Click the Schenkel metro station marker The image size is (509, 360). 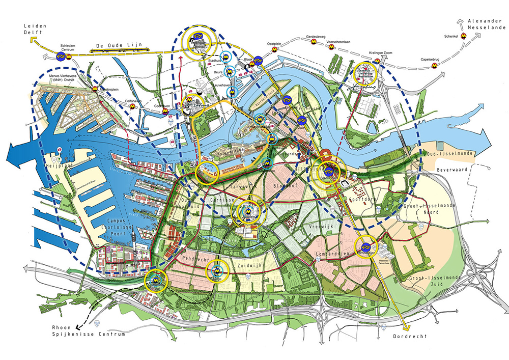[464, 36]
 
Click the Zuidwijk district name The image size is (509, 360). [249, 265]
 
